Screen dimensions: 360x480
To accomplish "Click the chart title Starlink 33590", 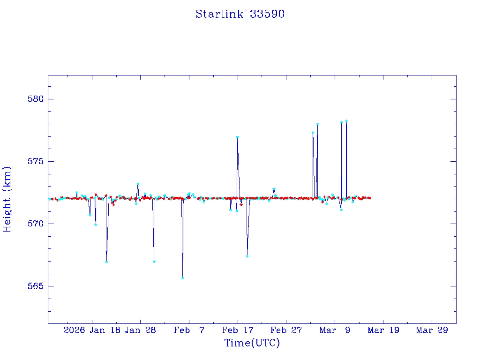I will [x=240, y=14].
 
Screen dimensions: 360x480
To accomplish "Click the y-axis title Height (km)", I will [x=7, y=199].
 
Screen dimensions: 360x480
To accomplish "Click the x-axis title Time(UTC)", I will [x=252, y=343].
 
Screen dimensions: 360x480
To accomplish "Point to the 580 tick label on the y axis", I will [x=35, y=99].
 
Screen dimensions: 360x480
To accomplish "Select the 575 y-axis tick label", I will [x=35, y=162].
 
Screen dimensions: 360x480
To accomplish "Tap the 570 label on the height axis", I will [x=35, y=224].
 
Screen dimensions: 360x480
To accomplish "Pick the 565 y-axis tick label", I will [x=35, y=286].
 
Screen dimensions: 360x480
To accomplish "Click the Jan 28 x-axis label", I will [x=140, y=330].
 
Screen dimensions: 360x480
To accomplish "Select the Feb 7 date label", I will [x=189, y=330].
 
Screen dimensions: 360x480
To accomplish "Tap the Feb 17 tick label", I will [x=238, y=330].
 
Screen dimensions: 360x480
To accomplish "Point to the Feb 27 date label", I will [x=286, y=330].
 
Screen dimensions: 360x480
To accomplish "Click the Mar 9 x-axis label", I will [x=335, y=330].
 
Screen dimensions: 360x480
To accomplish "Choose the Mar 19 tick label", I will [x=383, y=330].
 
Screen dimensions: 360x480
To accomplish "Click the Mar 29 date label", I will [x=432, y=330].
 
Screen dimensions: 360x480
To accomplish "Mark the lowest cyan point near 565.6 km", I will [x=182, y=278].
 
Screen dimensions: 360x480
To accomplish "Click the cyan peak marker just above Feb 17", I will [x=238, y=137].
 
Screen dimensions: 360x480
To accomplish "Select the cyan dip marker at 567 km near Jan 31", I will [x=154, y=261].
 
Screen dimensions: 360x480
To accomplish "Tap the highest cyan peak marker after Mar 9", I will [x=346, y=121].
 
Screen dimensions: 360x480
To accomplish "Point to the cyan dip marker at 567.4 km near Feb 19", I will [x=247, y=256].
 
